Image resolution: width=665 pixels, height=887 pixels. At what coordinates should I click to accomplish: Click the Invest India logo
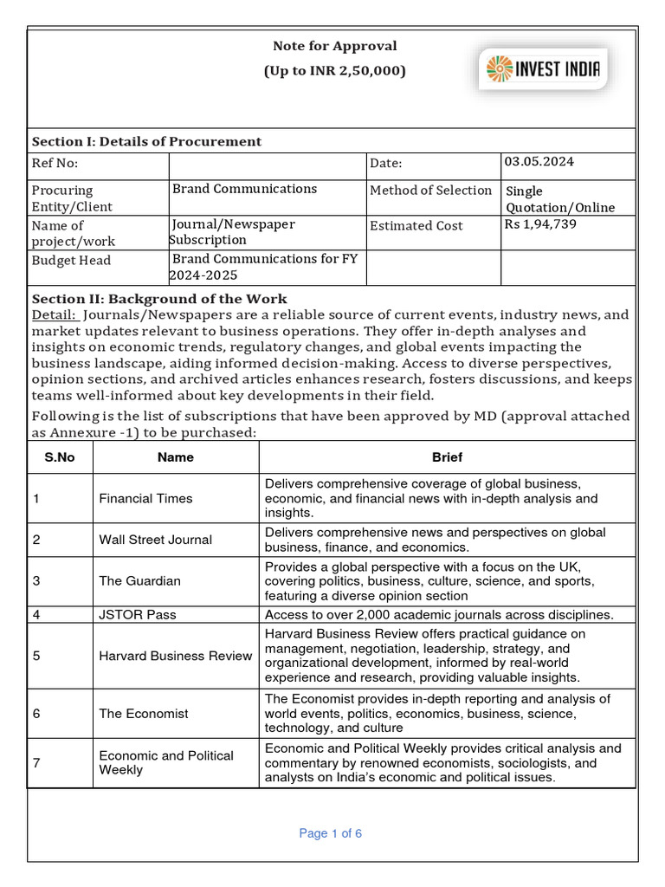[544, 69]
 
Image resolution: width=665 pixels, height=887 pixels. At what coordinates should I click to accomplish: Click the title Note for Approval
[335, 46]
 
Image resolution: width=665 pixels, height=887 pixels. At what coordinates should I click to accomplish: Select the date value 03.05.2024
[539, 162]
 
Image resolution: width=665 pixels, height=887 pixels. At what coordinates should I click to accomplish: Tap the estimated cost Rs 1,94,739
[540, 224]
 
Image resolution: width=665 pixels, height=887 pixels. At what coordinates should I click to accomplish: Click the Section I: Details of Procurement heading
[146, 141]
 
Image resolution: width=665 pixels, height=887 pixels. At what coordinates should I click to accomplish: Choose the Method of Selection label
[431, 191]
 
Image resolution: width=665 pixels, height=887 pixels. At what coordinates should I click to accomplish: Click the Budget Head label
[71, 260]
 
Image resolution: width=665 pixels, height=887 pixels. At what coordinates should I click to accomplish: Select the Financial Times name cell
[145, 498]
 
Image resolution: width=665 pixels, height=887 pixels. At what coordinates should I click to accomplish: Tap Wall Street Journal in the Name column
[155, 540]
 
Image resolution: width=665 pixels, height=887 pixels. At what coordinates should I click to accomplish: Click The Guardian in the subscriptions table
[139, 580]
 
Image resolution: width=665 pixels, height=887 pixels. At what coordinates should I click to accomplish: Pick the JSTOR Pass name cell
[137, 614]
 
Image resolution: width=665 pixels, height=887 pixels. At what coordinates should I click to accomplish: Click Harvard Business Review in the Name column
[175, 656]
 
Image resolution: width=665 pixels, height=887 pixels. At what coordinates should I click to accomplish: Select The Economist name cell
[143, 714]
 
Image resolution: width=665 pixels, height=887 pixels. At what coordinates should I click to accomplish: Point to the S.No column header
[60, 457]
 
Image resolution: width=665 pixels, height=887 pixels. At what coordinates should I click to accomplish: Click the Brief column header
[447, 457]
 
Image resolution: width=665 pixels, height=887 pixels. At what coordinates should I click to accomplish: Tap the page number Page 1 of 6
[330, 833]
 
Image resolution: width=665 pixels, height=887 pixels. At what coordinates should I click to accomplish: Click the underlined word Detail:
[55, 315]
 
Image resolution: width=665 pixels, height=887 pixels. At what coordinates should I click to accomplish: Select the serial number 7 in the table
[36, 762]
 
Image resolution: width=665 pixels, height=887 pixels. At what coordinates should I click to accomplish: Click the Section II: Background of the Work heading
[159, 299]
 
